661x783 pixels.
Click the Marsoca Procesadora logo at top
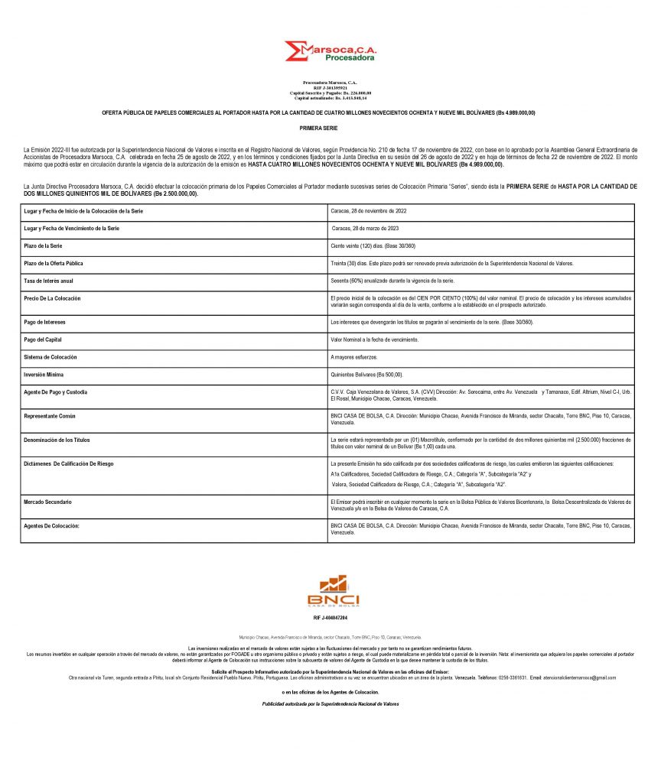(x=330, y=51)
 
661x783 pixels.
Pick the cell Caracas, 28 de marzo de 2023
(x=366, y=229)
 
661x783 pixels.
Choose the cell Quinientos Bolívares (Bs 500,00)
(x=366, y=375)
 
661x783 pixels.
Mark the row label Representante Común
(x=50, y=416)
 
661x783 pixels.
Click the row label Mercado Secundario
(x=48, y=502)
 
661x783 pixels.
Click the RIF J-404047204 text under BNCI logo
(x=330, y=617)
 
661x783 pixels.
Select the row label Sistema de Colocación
(x=50, y=357)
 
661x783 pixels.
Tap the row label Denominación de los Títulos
(x=57, y=440)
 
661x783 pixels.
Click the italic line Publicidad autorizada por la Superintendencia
(x=330, y=703)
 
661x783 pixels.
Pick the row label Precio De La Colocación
(x=52, y=297)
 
